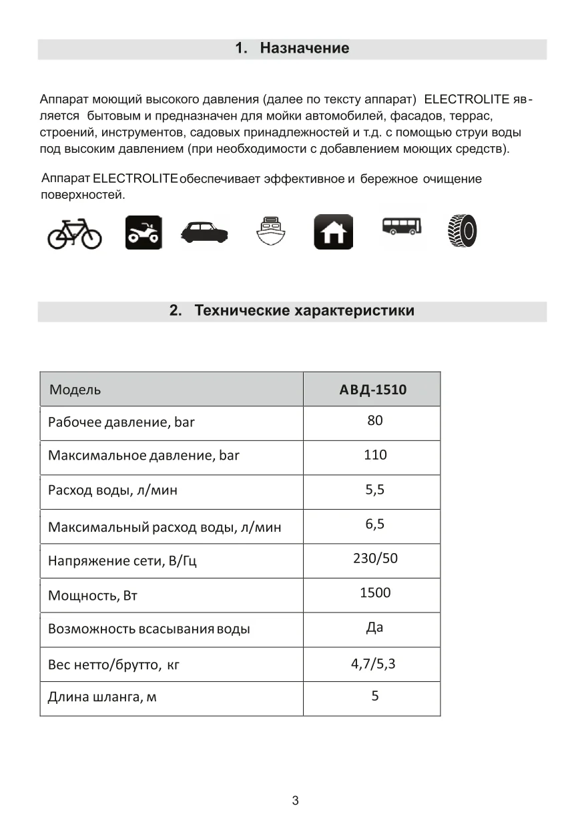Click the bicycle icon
74,234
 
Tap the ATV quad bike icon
143,233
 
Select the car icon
204,232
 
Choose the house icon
334,233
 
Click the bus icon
402,226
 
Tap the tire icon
463,231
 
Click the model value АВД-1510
372,390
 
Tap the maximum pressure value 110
375,455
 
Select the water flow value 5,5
375,490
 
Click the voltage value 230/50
375,558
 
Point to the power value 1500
375,592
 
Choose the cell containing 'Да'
374,628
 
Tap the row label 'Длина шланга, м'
102,698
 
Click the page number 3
295,801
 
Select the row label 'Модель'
75,390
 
